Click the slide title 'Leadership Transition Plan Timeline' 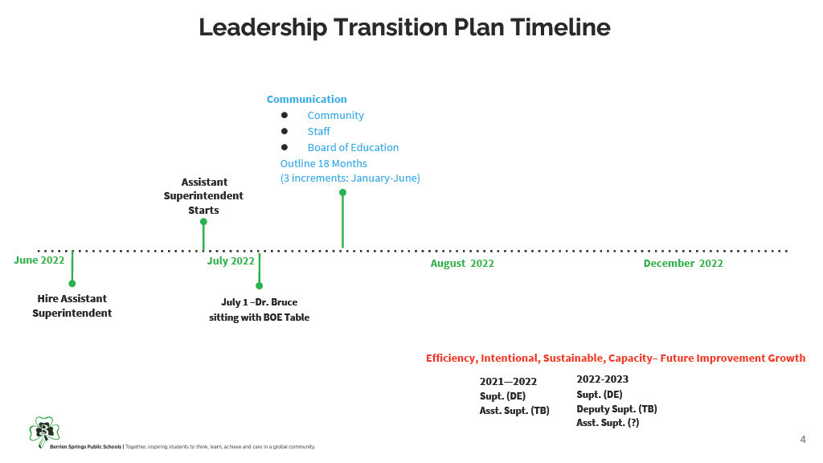point(404,27)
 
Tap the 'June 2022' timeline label point(39,260)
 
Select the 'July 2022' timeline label point(231,261)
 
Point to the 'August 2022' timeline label point(462,264)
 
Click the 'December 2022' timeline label point(683,264)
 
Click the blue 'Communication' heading point(306,99)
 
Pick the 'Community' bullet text point(335,116)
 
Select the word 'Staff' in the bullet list point(318,131)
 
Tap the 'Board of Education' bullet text point(353,148)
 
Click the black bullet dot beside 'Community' point(285,115)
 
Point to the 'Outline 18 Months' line point(323,164)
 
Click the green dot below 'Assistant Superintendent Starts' point(203,222)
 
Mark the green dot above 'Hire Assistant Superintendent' point(72,284)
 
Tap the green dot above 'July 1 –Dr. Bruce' point(260,285)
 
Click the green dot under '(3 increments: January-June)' point(342,193)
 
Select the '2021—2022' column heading point(508,382)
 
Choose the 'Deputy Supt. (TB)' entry point(616,409)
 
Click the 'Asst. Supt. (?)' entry point(608,423)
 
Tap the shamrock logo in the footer point(45,432)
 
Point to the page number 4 point(803,440)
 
